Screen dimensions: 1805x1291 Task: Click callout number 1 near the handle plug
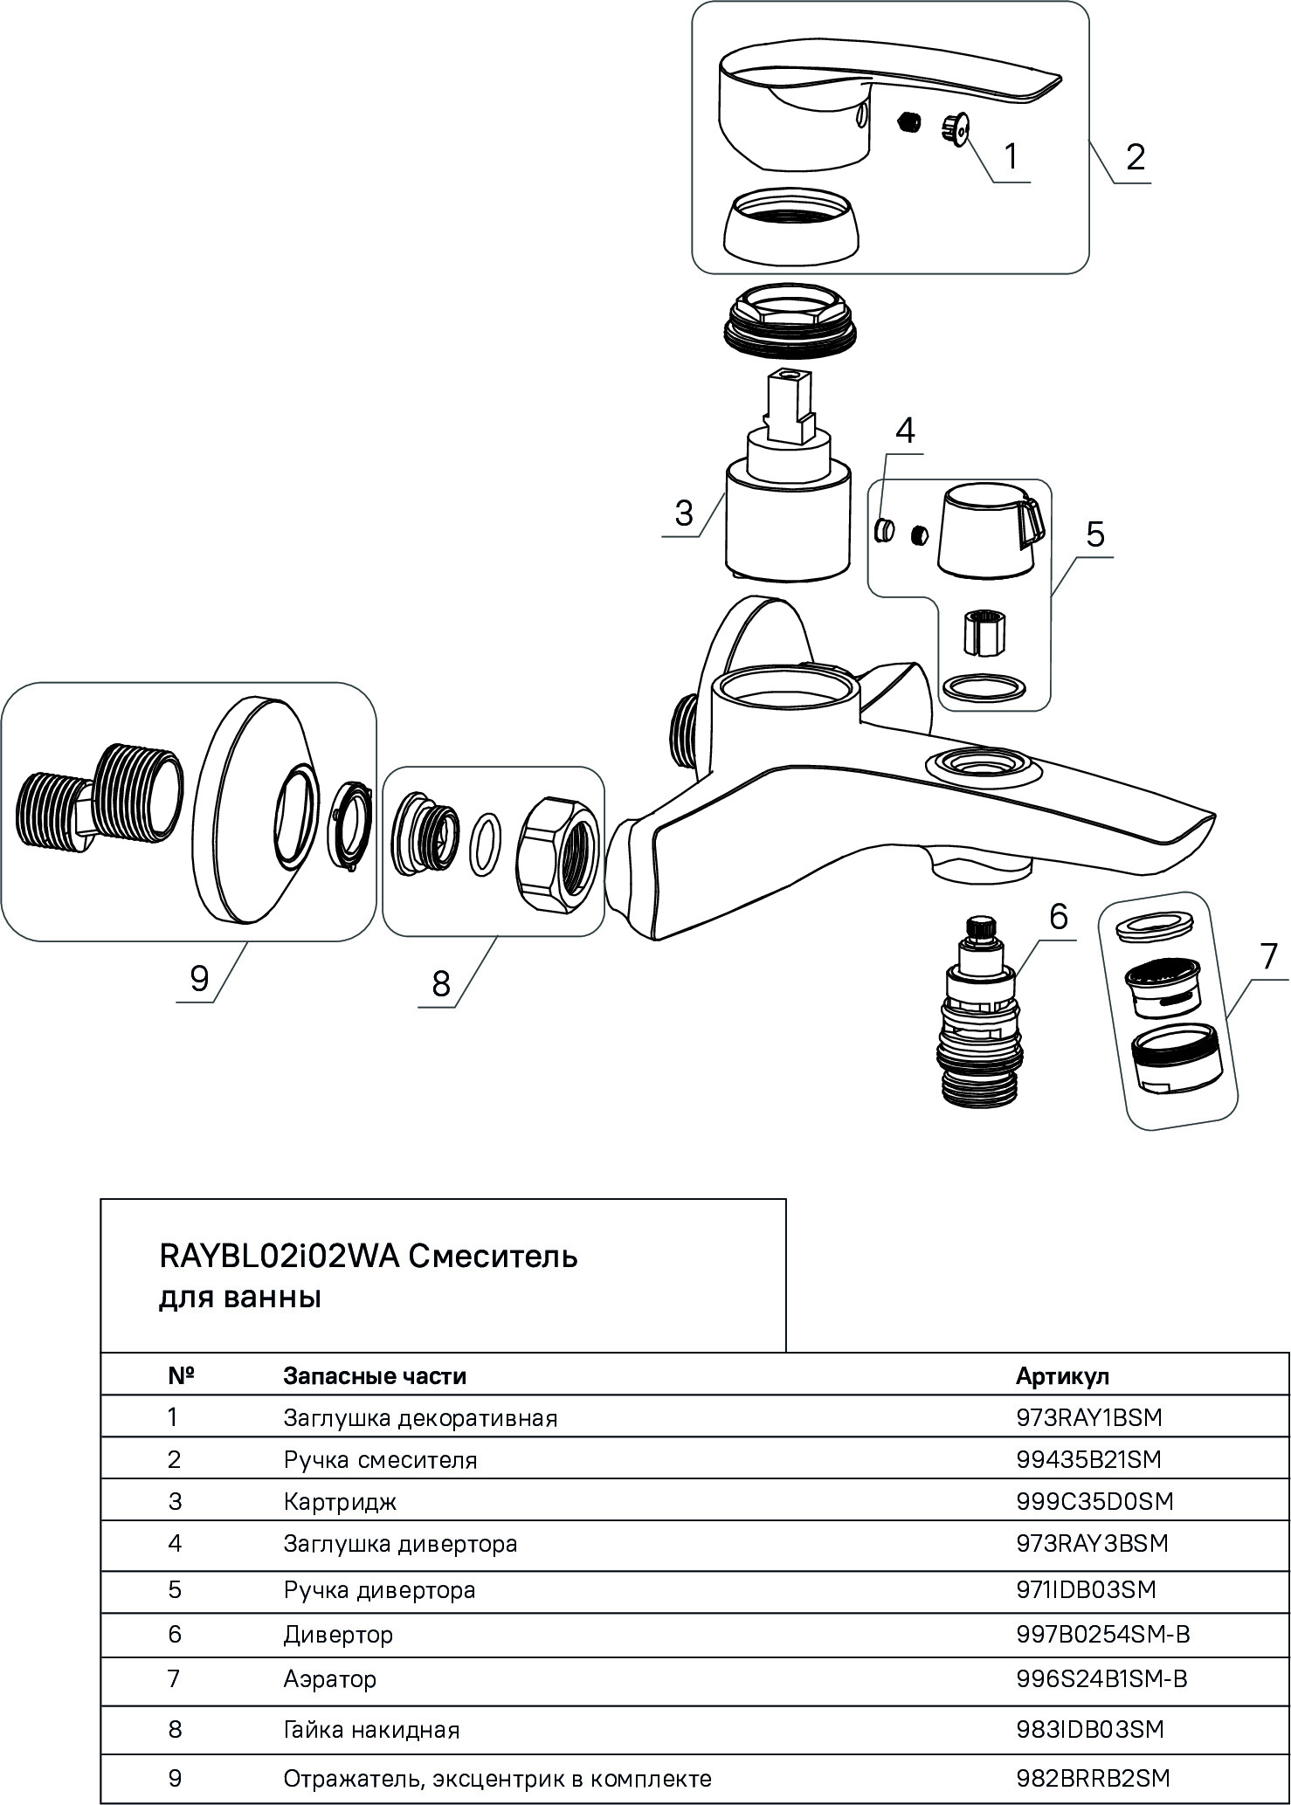(1011, 156)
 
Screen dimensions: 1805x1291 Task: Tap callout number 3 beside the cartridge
(683, 513)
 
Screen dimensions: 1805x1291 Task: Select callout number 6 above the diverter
(1058, 916)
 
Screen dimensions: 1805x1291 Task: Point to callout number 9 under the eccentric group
(198, 978)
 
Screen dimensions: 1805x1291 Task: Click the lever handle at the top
(882, 96)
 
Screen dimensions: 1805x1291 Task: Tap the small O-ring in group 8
(486, 844)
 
